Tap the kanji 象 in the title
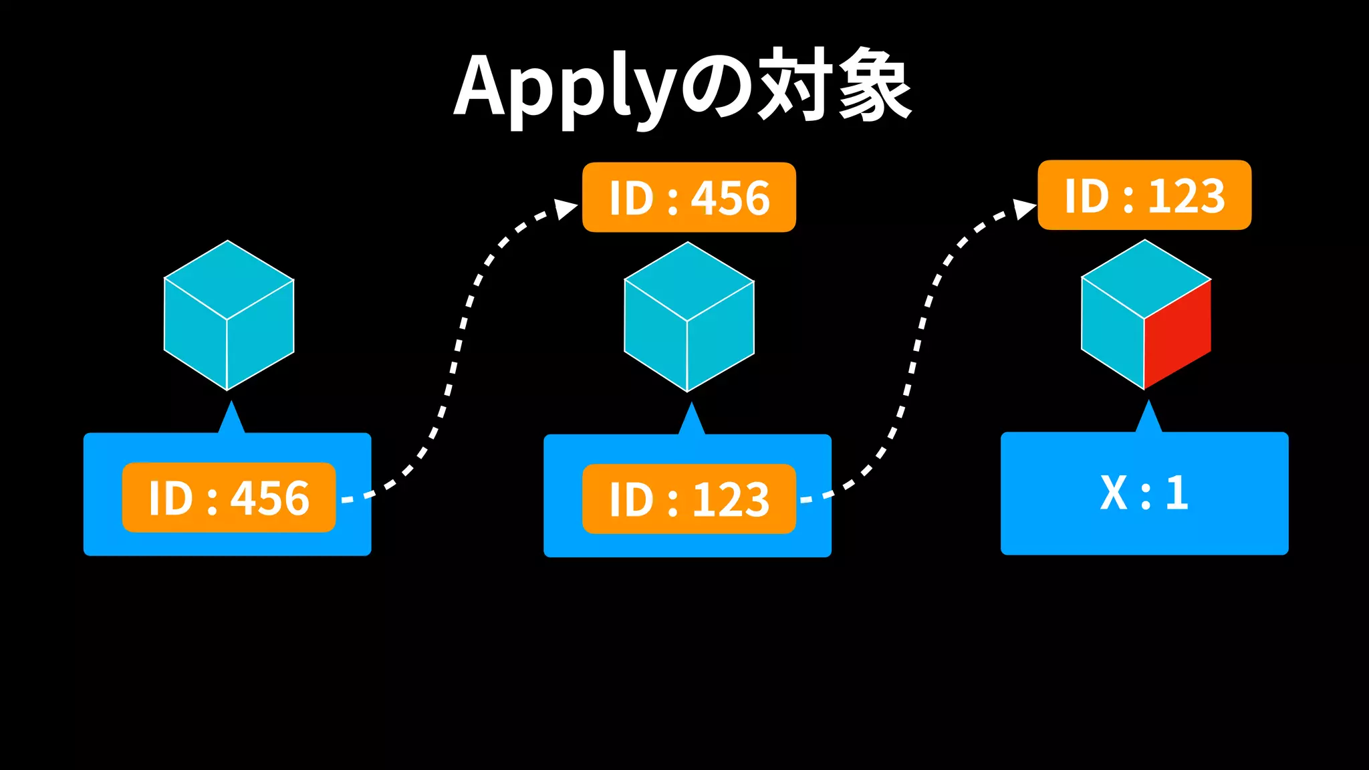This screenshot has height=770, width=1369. click(x=874, y=86)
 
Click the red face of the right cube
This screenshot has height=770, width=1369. click(x=1177, y=334)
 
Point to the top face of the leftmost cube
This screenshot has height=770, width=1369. click(x=229, y=279)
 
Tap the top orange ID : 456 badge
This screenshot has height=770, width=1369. click(x=689, y=198)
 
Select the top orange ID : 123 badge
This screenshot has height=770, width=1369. click(x=1144, y=195)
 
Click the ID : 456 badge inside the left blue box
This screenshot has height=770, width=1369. click(x=229, y=497)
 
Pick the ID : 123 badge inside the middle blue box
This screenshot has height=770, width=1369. click(x=689, y=499)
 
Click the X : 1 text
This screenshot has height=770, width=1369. click(x=1144, y=493)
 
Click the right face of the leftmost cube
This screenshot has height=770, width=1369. click(x=261, y=334)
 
